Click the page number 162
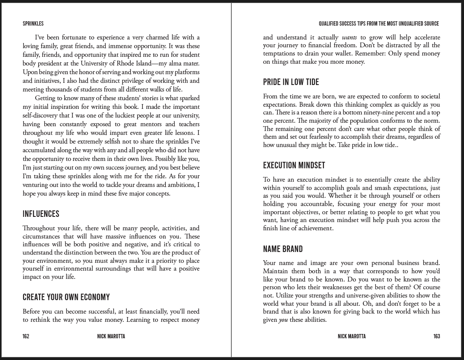[26, 337]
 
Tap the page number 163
[437, 337]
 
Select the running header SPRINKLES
[33, 24]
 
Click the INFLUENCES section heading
[41, 214]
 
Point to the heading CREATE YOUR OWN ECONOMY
[66, 297]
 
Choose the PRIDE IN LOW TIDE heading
[291, 82]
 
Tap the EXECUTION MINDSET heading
[294, 165]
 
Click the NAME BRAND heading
[283, 249]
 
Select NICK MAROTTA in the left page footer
[111, 337]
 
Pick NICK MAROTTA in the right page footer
[352, 337]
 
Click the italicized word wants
[349, 37]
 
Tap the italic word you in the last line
[283, 320]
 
